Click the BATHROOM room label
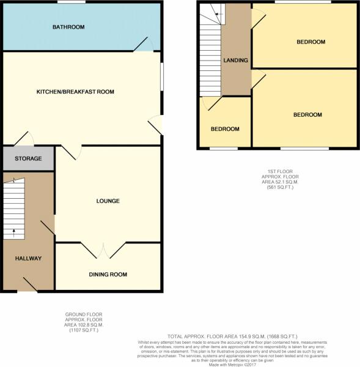68,27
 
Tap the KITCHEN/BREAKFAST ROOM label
75,92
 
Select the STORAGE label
29,159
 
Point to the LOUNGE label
107,201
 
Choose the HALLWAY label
28,259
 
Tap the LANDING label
235,61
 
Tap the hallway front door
29,284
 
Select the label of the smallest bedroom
225,129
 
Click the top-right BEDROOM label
311,42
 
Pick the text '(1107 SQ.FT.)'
84,330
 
